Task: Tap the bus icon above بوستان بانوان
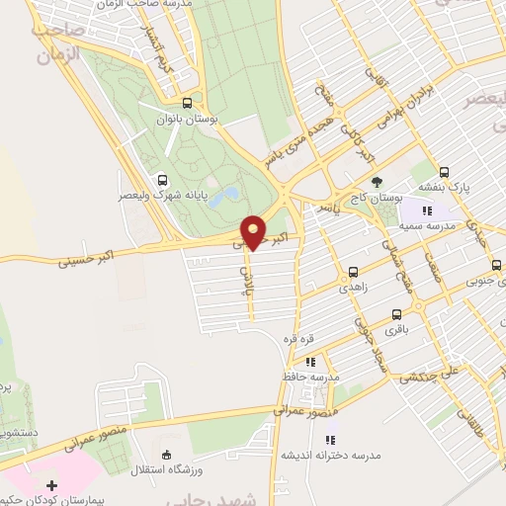pos(188,103)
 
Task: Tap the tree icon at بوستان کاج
pos(377,182)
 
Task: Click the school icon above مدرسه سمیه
pos(426,211)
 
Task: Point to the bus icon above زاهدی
pos(353,271)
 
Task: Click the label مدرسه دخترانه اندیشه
pos(331,456)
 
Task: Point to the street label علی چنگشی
pos(429,376)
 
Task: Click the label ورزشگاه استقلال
pos(165,469)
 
